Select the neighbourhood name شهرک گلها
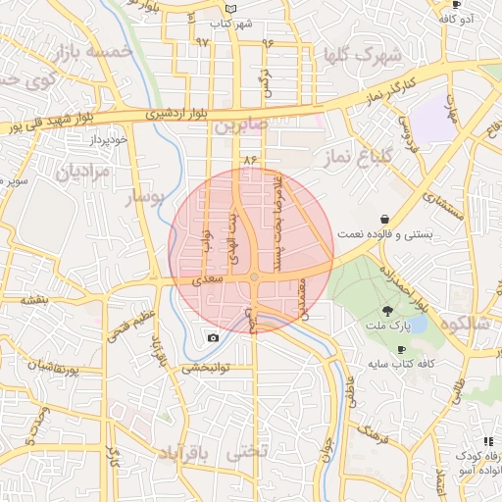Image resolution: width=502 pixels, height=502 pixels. point(363,53)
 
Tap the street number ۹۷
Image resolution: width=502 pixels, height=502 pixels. point(203,42)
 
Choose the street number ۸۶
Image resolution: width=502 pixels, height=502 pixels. point(249,158)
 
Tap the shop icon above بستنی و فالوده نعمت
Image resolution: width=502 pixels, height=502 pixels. point(389,219)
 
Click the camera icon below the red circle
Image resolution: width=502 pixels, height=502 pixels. point(214,338)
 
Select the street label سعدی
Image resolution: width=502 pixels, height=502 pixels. point(211,279)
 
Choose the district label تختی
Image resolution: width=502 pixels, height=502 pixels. point(246,453)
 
